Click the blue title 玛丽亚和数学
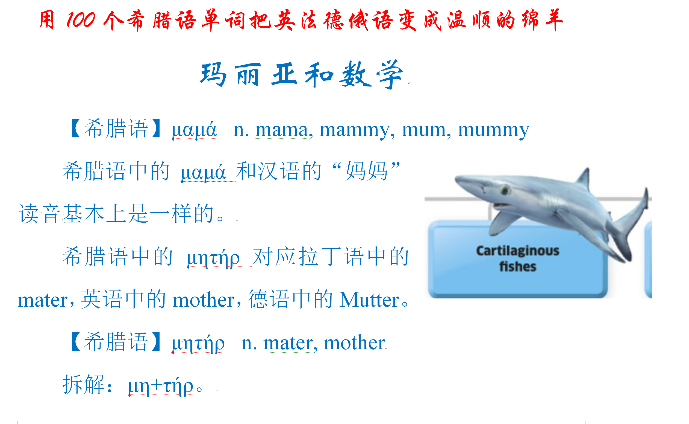click(302, 74)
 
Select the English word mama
click(282, 130)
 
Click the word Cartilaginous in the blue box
click(518, 251)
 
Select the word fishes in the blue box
click(518, 266)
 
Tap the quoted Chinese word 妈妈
click(366, 171)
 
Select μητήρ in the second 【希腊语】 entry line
click(198, 344)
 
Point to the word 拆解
click(84, 384)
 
